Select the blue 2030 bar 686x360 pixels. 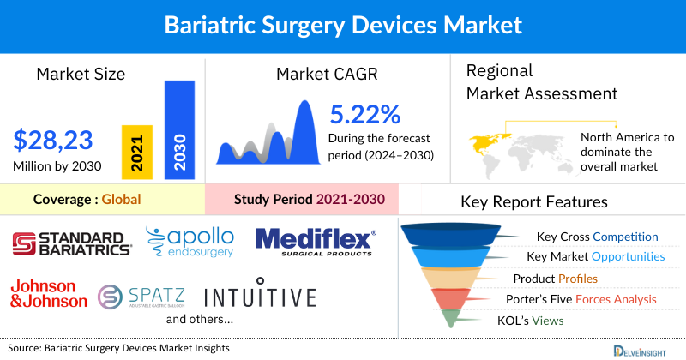[x=178, y=129]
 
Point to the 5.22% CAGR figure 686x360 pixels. [x=365, y=115]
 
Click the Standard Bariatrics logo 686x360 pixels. [x=72, y=243]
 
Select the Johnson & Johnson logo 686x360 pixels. [x=49, y=293]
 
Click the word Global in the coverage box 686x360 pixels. [x=121, y=200]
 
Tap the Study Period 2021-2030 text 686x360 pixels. [x=309, y=200]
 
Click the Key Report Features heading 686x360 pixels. [x=534, y=202]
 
